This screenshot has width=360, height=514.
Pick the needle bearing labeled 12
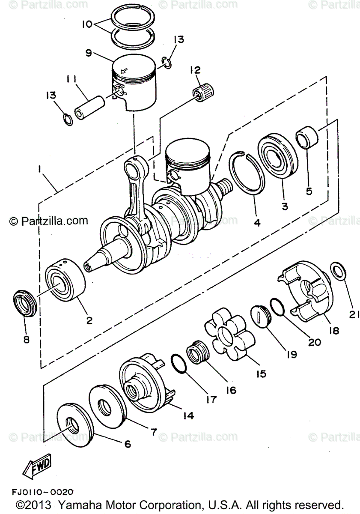203,90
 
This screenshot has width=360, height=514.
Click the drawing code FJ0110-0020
42,492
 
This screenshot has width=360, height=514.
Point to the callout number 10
86,24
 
